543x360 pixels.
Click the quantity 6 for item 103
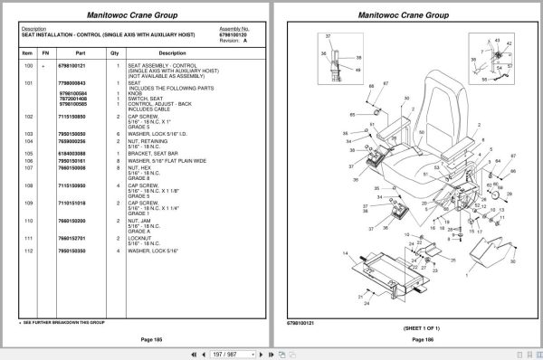point(118,133)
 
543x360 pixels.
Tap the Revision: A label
point(232,40)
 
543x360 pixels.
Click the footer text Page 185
point(138,338)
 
